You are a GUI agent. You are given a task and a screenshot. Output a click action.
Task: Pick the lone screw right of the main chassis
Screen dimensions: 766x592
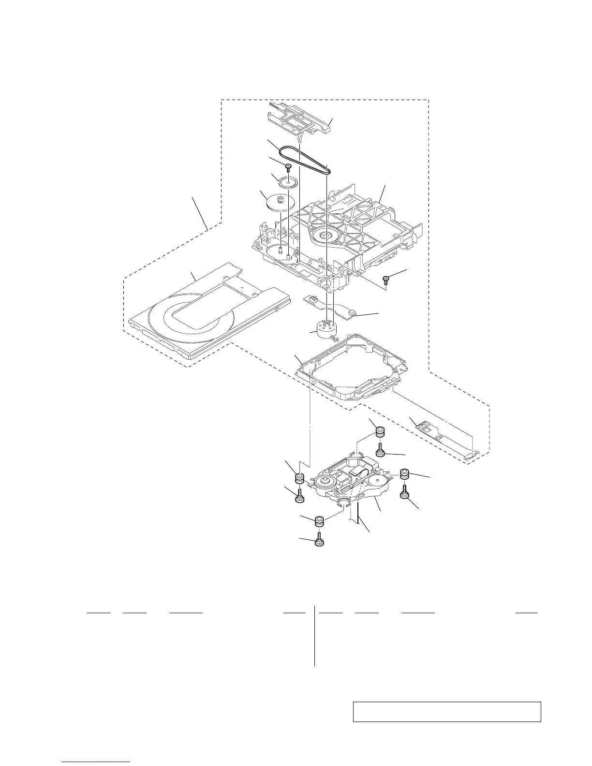pos(386,279)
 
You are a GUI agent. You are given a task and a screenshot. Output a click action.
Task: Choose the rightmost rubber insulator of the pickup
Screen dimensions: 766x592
pos(405,474)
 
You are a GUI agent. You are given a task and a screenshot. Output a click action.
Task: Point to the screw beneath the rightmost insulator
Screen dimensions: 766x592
pos(405,493)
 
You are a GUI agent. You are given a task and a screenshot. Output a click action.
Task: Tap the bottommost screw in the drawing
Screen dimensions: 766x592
pos(319,540)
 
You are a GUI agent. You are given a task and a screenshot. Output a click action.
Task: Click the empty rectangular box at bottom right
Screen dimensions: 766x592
pos(446,712)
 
